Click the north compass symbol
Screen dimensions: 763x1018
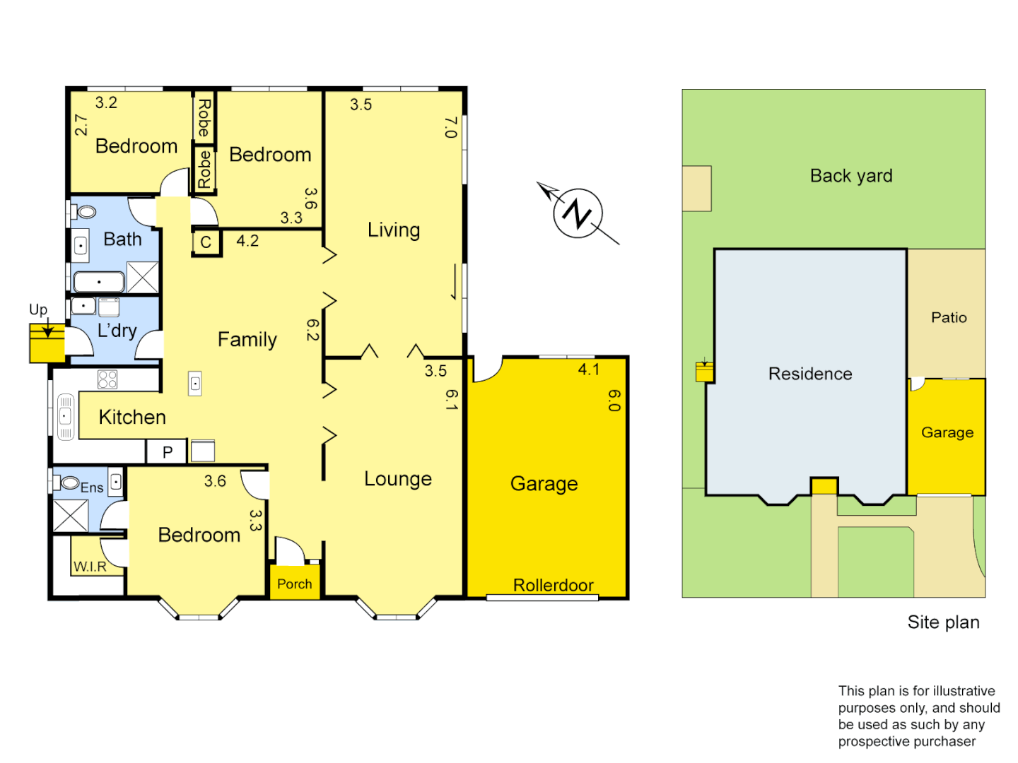click(578, 213)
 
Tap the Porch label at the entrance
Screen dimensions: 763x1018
click(294, 584)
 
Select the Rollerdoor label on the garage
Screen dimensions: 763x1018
click(553, 585)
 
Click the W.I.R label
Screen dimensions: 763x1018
click(90, 567)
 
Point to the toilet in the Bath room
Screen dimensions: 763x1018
click(86, 212)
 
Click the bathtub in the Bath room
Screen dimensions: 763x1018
click(99, 282)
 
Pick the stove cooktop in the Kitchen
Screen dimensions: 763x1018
click(107, 379)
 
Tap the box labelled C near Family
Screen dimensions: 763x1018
click(206, 242)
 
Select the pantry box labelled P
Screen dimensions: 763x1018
click(168, 452)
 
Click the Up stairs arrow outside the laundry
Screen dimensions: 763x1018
click(47, 329)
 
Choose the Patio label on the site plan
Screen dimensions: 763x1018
click(949, 318)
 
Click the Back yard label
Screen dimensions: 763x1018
click(851, 176)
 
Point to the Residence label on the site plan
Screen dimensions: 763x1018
click(810, 374)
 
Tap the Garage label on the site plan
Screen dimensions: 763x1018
click(947, 432)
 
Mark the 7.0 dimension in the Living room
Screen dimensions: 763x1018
click(450, 127)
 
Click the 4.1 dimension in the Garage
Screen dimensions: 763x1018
click(589, 369)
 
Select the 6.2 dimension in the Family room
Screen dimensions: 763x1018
click(312, 330)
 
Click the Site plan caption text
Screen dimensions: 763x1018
click(943, 622)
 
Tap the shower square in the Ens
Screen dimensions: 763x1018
click(71, 515)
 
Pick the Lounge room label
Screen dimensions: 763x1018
click(398, 479)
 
